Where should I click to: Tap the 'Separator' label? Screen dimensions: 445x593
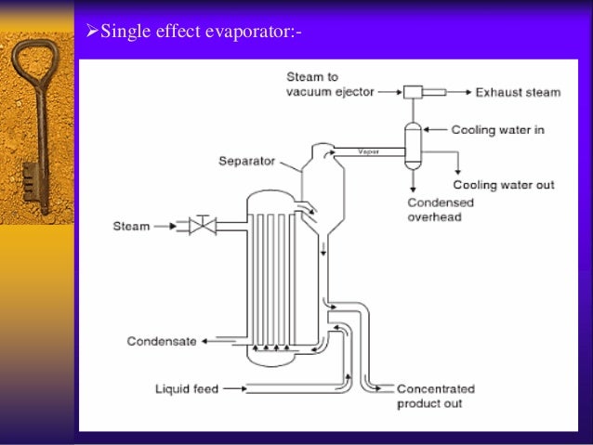(245, 160)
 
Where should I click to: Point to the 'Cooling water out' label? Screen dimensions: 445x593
(503, 185)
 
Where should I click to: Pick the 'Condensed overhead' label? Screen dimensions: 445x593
(441, 210)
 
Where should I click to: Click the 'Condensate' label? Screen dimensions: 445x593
(162, 341)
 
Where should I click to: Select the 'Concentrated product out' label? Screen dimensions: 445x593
(436, 396)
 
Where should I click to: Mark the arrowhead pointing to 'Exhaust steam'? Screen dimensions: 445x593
(464, 92)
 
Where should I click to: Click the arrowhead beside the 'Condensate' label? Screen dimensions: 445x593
(205, 341)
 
